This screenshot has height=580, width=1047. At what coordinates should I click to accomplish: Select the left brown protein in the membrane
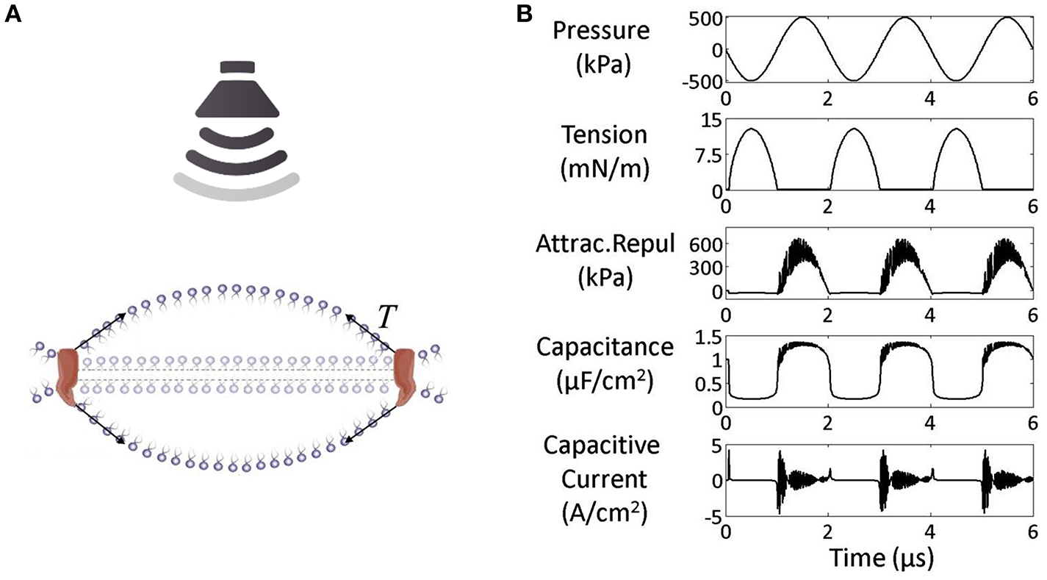coord(68,377)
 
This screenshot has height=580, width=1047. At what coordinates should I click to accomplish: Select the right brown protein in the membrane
coord(406,377)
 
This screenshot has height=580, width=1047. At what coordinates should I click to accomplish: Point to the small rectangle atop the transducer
coord(236,68)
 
